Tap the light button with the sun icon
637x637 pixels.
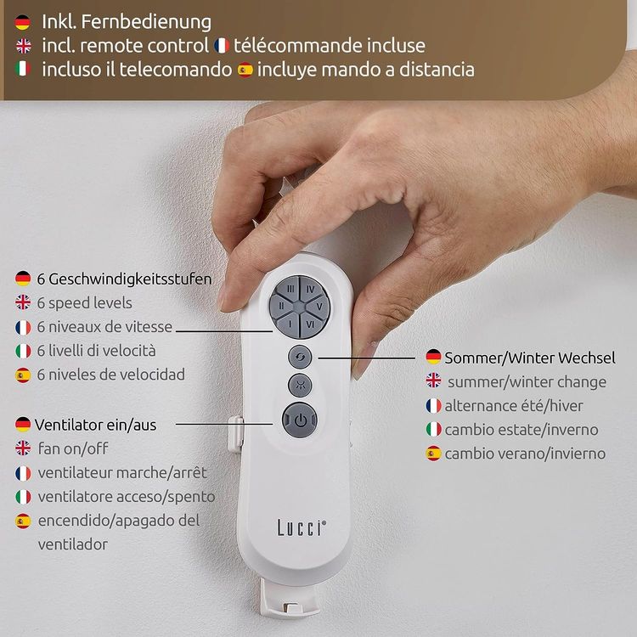click(x=300, y=385)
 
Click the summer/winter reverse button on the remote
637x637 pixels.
click(x=300, y=357)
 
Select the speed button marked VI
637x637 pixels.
click(x=312, y=324)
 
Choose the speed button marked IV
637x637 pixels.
click(x=312, y=290)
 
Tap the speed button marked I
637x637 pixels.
click(x=290, y=324)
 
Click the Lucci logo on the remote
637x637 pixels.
click(x=302, y=527)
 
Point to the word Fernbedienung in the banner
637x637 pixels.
click(x=146, y=21)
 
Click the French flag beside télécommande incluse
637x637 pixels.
click(x=222, y=46)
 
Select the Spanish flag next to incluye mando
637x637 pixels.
click(x=245, y=70)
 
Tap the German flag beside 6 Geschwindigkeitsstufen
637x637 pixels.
click(x=23, y=279)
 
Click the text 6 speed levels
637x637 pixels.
click(x=84, y=303)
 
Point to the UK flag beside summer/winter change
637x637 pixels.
click(x=433, y=381)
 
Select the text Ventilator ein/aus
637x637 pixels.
click(x=96, y=425)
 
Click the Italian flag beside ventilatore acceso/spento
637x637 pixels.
click(x=23, y=497)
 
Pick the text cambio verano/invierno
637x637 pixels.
click(x=525, y=454)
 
